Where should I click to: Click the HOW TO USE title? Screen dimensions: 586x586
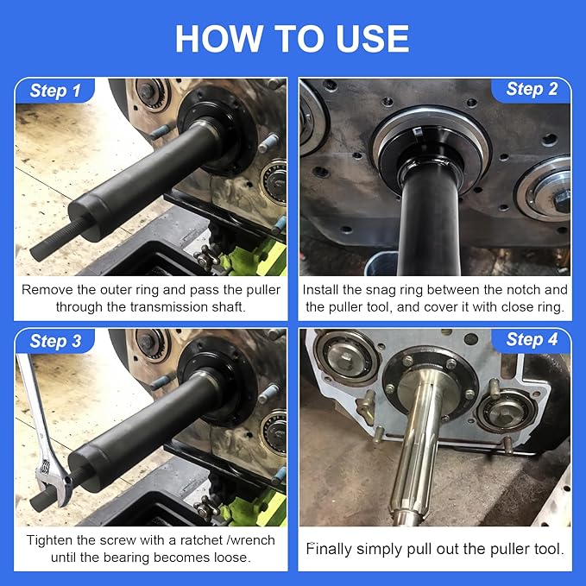coord(293,38)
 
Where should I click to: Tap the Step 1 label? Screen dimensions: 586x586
coord(55,91)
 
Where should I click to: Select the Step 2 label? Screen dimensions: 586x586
coord(531,90)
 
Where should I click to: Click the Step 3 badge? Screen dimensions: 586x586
coord(55,341)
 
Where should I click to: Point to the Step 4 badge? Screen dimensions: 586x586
coord(531,340)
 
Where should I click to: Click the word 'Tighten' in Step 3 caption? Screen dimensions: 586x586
coord(50,539)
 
